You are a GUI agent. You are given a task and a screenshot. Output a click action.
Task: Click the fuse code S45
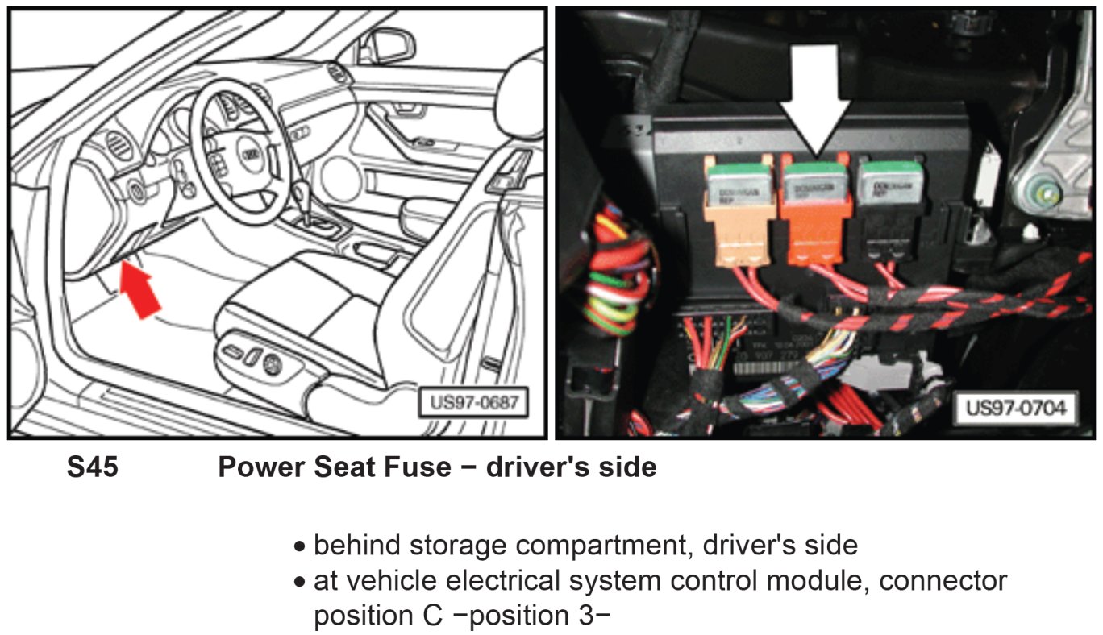coord(92,467)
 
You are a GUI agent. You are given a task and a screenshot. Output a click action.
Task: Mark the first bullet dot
coord(300,547)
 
